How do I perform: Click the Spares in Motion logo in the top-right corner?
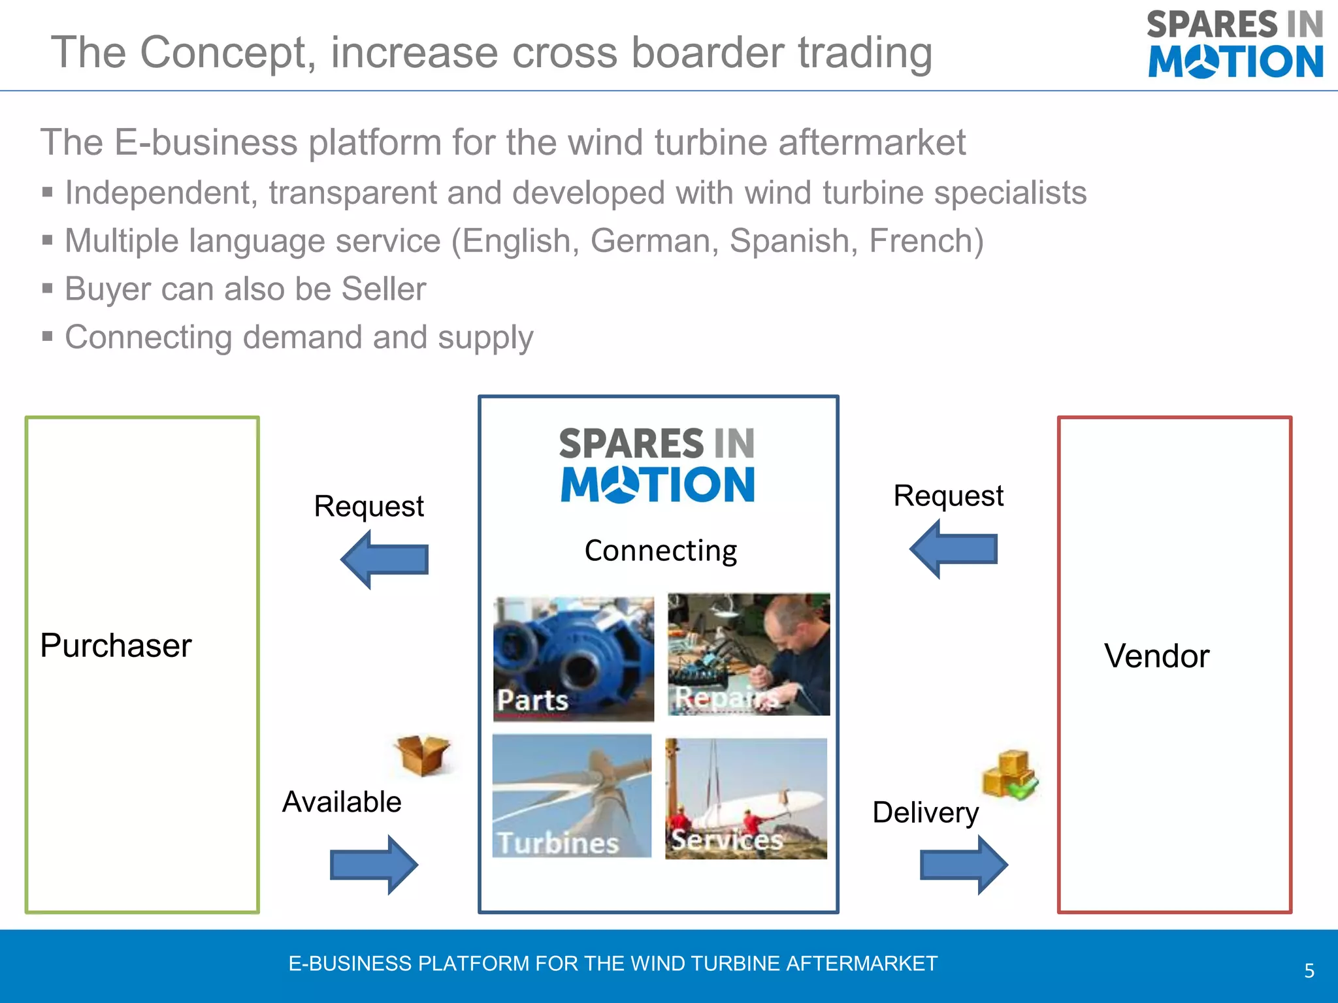tap(1235, 44)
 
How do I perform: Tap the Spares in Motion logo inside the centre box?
tap(657, 464)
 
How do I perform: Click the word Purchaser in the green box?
tap(116, 646)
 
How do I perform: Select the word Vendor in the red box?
tap(1156, 656)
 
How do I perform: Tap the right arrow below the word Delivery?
tap(964, 865)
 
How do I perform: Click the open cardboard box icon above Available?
tap(423, 755)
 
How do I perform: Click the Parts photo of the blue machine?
tap(574, 658)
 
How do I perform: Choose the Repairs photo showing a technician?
tap(749, 654)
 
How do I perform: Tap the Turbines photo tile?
tap(572, 795)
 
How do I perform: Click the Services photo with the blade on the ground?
tap(746, 798)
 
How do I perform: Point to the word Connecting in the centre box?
tap(661, 550)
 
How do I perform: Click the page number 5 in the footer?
tap(1309, 970)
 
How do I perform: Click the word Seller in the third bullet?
tap(383, 289)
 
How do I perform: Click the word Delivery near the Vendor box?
tap(925, 812)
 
